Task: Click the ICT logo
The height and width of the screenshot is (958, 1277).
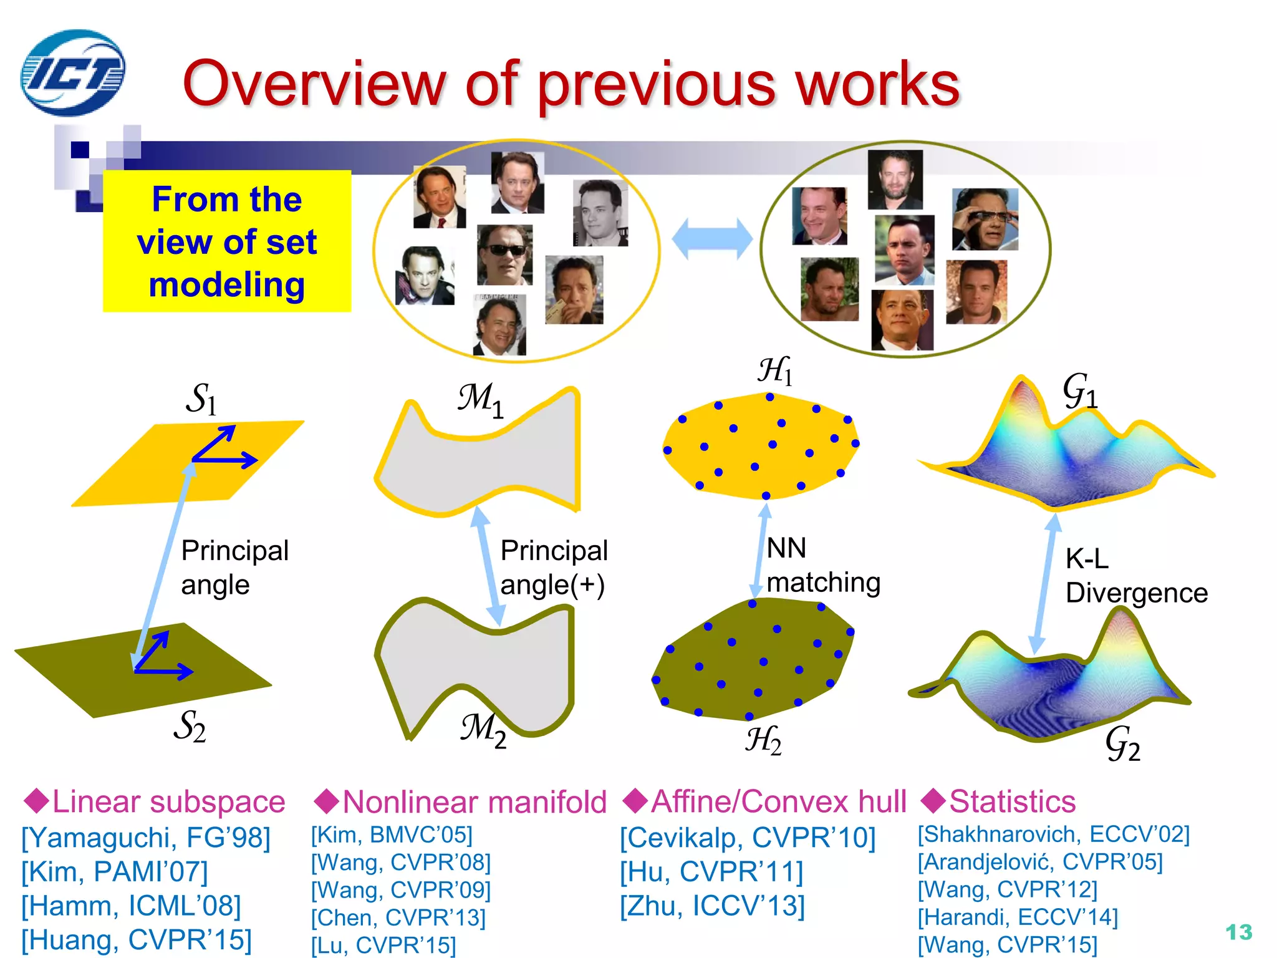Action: point(72,73)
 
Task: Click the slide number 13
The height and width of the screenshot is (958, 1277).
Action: point(1238,932)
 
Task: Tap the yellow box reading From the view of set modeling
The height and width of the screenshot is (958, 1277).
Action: point(227,241)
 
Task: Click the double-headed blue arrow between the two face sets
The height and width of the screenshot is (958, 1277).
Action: point(712,239)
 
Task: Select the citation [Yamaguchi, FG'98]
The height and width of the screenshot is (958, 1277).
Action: point(146,838)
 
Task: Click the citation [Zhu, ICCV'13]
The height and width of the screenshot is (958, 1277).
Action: point(712,906)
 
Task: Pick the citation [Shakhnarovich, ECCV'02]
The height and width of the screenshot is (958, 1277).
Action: point(1054,835)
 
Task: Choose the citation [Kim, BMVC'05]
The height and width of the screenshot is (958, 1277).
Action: point(392,835)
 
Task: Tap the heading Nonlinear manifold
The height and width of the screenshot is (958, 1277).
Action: point(474,802)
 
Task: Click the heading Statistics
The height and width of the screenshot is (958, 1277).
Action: point(1011,802)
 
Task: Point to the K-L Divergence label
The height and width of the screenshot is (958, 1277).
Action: point(1135,576)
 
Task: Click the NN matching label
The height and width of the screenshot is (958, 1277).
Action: point(822,565)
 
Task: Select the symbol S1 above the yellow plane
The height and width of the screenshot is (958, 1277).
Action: point(201,399)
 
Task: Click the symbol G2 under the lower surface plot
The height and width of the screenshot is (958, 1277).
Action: point(1122,744)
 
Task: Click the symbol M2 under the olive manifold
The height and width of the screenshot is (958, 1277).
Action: point(483,730)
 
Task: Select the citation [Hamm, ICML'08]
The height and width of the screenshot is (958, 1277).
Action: point(131,906)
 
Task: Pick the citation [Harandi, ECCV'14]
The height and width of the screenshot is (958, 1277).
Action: point(1018,917)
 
